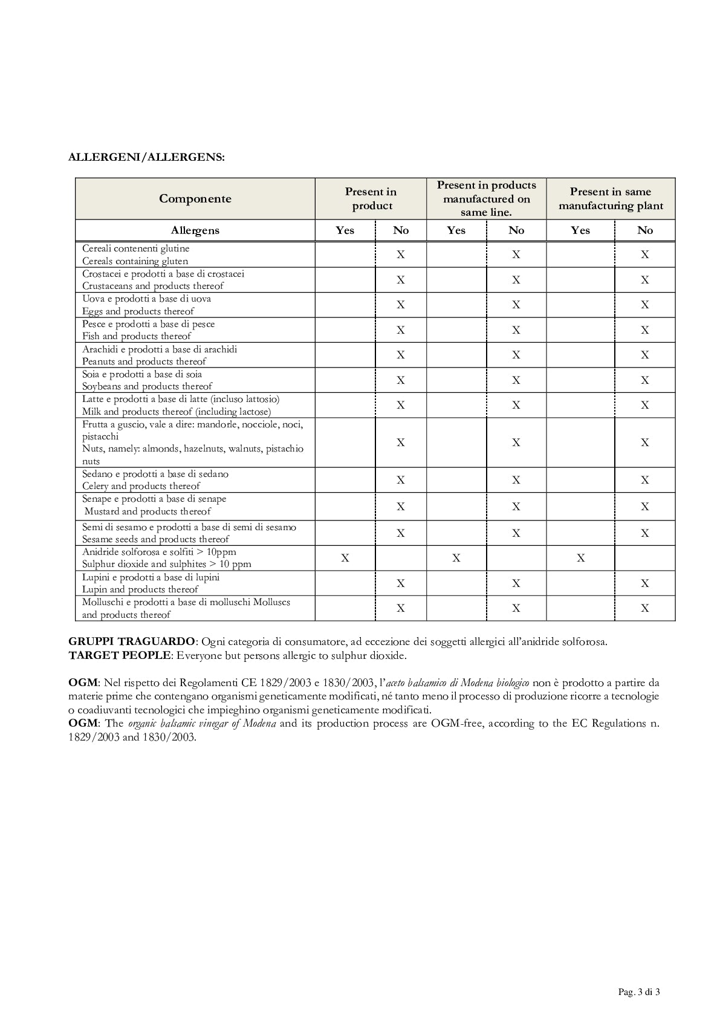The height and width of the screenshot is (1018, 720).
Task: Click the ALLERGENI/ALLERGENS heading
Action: pos(146,157)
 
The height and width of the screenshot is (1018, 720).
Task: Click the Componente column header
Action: pos(195,199)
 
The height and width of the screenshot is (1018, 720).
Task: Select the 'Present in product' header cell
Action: pos(371,199)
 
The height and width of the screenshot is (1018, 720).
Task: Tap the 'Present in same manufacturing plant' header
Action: pos(611,199)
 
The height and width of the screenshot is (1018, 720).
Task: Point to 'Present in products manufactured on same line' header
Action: pos(486,198)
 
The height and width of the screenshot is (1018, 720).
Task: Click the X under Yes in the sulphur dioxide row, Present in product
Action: pos(345,558)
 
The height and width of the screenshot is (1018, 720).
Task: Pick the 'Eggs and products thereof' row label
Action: pos(138,311)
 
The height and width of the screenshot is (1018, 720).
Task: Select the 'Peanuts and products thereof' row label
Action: pos(144,361)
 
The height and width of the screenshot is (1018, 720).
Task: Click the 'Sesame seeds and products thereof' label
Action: pos(155,539)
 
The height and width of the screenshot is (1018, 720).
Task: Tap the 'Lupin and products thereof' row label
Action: pos(140,589)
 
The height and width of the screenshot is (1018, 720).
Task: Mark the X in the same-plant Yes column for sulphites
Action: pos(580,558)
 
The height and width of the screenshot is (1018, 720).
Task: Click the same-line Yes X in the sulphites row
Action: pos(456,558)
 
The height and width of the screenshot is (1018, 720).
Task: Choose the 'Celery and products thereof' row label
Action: pos(141,486)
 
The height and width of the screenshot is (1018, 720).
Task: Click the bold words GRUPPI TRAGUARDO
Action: pos(132,641)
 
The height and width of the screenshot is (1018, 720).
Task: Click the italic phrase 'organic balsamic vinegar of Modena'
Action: pos(202,724)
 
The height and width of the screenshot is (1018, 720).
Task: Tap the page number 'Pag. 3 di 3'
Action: pos(638,992)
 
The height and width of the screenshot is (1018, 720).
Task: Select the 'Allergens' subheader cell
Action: pos(195,230)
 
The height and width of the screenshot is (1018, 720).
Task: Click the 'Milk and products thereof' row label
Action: pos(176,412)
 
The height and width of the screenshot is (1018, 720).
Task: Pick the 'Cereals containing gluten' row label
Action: pos(135,261)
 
